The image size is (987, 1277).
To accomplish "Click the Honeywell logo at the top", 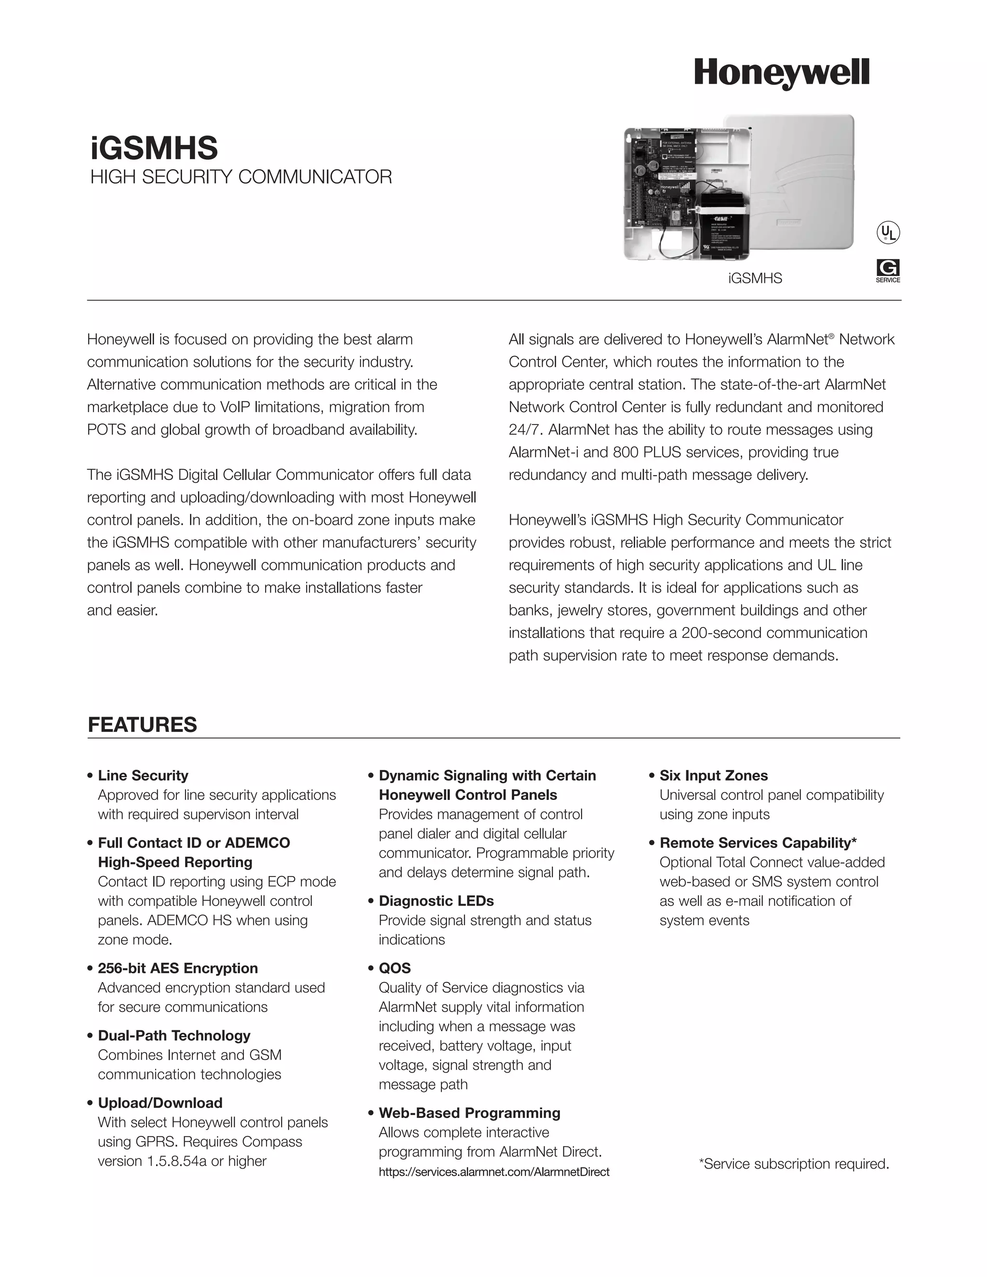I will pos(781,74).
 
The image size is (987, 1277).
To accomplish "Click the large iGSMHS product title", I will pos(154,148).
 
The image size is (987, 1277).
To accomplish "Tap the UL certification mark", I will pos(888,233).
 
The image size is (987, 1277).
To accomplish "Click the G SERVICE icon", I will pos(888,270).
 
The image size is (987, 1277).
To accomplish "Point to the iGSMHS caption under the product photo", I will pos(755,279).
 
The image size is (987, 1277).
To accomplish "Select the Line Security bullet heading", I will pos(143,775).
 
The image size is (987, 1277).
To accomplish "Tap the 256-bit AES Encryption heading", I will pos(178,968).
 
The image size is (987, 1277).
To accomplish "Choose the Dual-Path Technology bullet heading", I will pos(173,1035).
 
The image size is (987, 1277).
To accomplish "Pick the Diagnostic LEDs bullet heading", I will pos(436,901).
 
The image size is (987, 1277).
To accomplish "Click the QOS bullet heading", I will pos(395,968).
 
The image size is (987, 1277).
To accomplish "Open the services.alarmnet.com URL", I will pos(493,1172).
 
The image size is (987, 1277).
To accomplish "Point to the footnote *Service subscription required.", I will pos(793,1164).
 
